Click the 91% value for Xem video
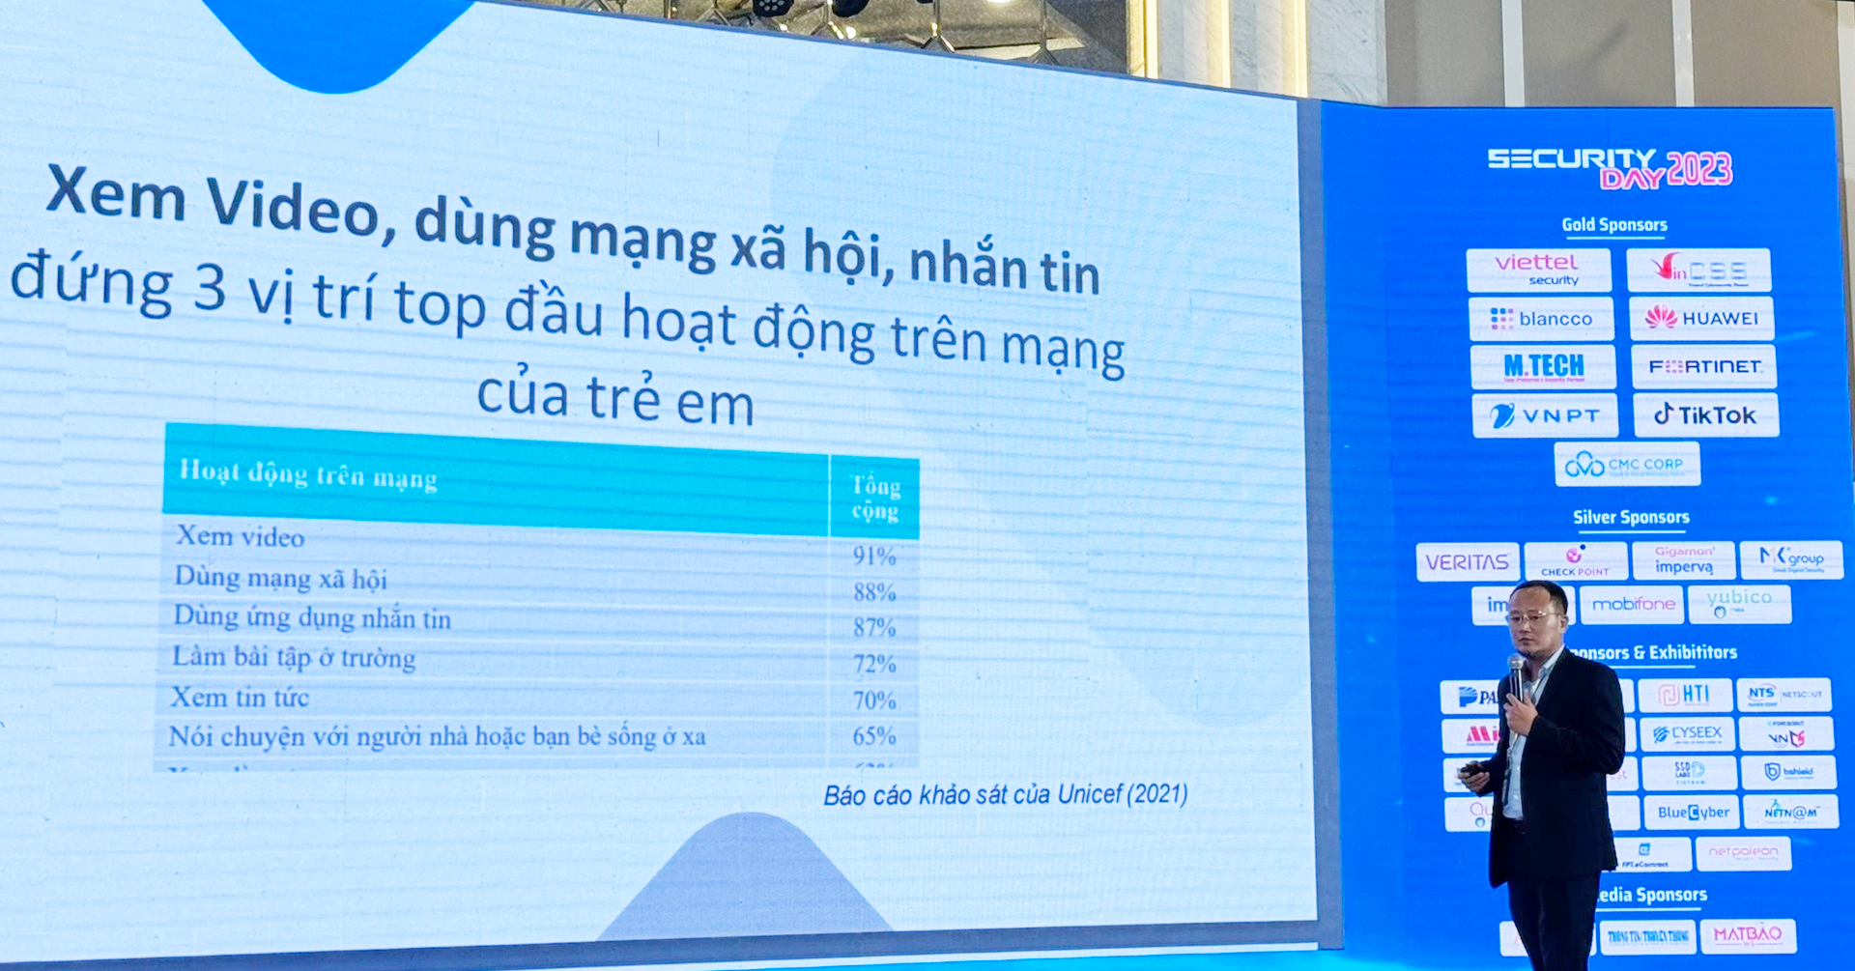click(873, 557)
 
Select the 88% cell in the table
click(873, 592)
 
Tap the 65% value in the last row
click(873, 736)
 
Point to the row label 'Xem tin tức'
click(240, 697)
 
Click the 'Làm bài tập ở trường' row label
click(294, 657)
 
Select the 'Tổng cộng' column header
click(875, 498)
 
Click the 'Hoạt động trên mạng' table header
click(308, 474)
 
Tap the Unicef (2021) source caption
click(1005, 795)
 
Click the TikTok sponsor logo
click(1705, 415)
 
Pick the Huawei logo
click(1701, 318)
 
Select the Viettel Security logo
click(1538, 270)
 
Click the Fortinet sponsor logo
click(1704, 367)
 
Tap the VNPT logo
click(1544, 416)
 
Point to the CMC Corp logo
click(1626, 465)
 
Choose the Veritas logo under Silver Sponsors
click(1467, 562)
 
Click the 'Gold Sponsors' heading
click(1614, 225)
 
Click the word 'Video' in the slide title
click(292, 206)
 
